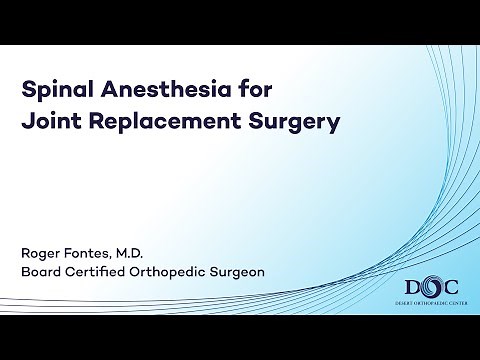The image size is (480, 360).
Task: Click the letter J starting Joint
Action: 27,124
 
